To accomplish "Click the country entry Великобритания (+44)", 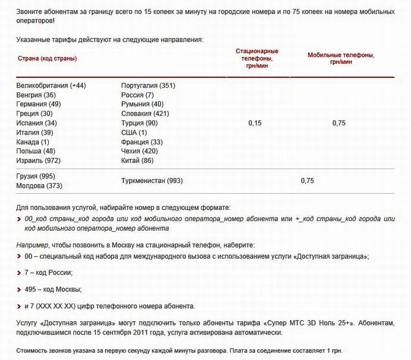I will [51, 86].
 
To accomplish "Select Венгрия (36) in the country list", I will [36, 95].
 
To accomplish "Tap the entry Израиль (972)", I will [39, 160].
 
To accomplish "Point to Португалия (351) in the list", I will [148, 86].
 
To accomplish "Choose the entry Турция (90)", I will [140, 123].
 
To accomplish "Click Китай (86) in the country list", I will [138, 160].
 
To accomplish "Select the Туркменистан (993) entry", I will [152, 181].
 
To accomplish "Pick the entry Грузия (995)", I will [36, 176].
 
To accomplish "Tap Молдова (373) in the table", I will [39, 186].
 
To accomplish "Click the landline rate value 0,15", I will [254, 123].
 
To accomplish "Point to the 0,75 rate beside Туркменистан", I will [307, 181].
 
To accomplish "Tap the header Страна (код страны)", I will [47, 58].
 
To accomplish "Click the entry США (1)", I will [134, 132].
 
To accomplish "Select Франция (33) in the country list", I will [142, 142].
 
